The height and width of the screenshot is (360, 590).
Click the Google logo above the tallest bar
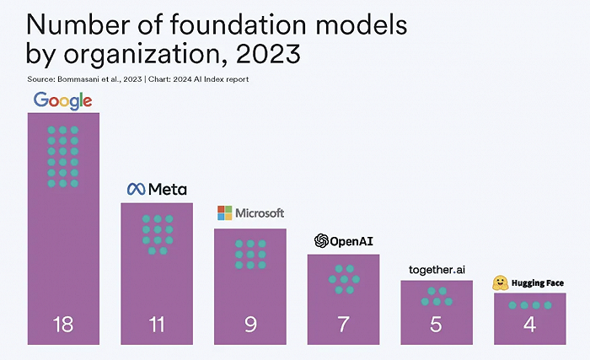click(x=62, y=101)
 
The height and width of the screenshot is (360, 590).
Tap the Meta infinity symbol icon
click(x=136, y=190)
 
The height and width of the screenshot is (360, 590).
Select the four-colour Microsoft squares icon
click(x=224, y=213)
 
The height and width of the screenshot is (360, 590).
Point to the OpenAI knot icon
click(x=320, y=241)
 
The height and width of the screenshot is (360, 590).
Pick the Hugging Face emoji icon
click(x=501, y=282)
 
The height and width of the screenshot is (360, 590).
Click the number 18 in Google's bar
click(x=63, y=324)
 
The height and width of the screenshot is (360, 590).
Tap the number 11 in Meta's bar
click(x=157, y=324)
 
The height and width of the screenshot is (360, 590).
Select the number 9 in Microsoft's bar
click(x=250, y=324)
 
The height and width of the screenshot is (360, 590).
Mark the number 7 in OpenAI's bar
click(x=343, y=324)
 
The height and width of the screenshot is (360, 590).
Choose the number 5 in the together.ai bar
click(x=436, y=324)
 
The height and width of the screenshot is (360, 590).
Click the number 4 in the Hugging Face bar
click(x=529, y=324)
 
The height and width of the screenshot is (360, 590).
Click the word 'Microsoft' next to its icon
click(x=260, y=213)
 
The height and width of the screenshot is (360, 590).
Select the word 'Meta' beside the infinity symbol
click(x=168, y=190)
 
